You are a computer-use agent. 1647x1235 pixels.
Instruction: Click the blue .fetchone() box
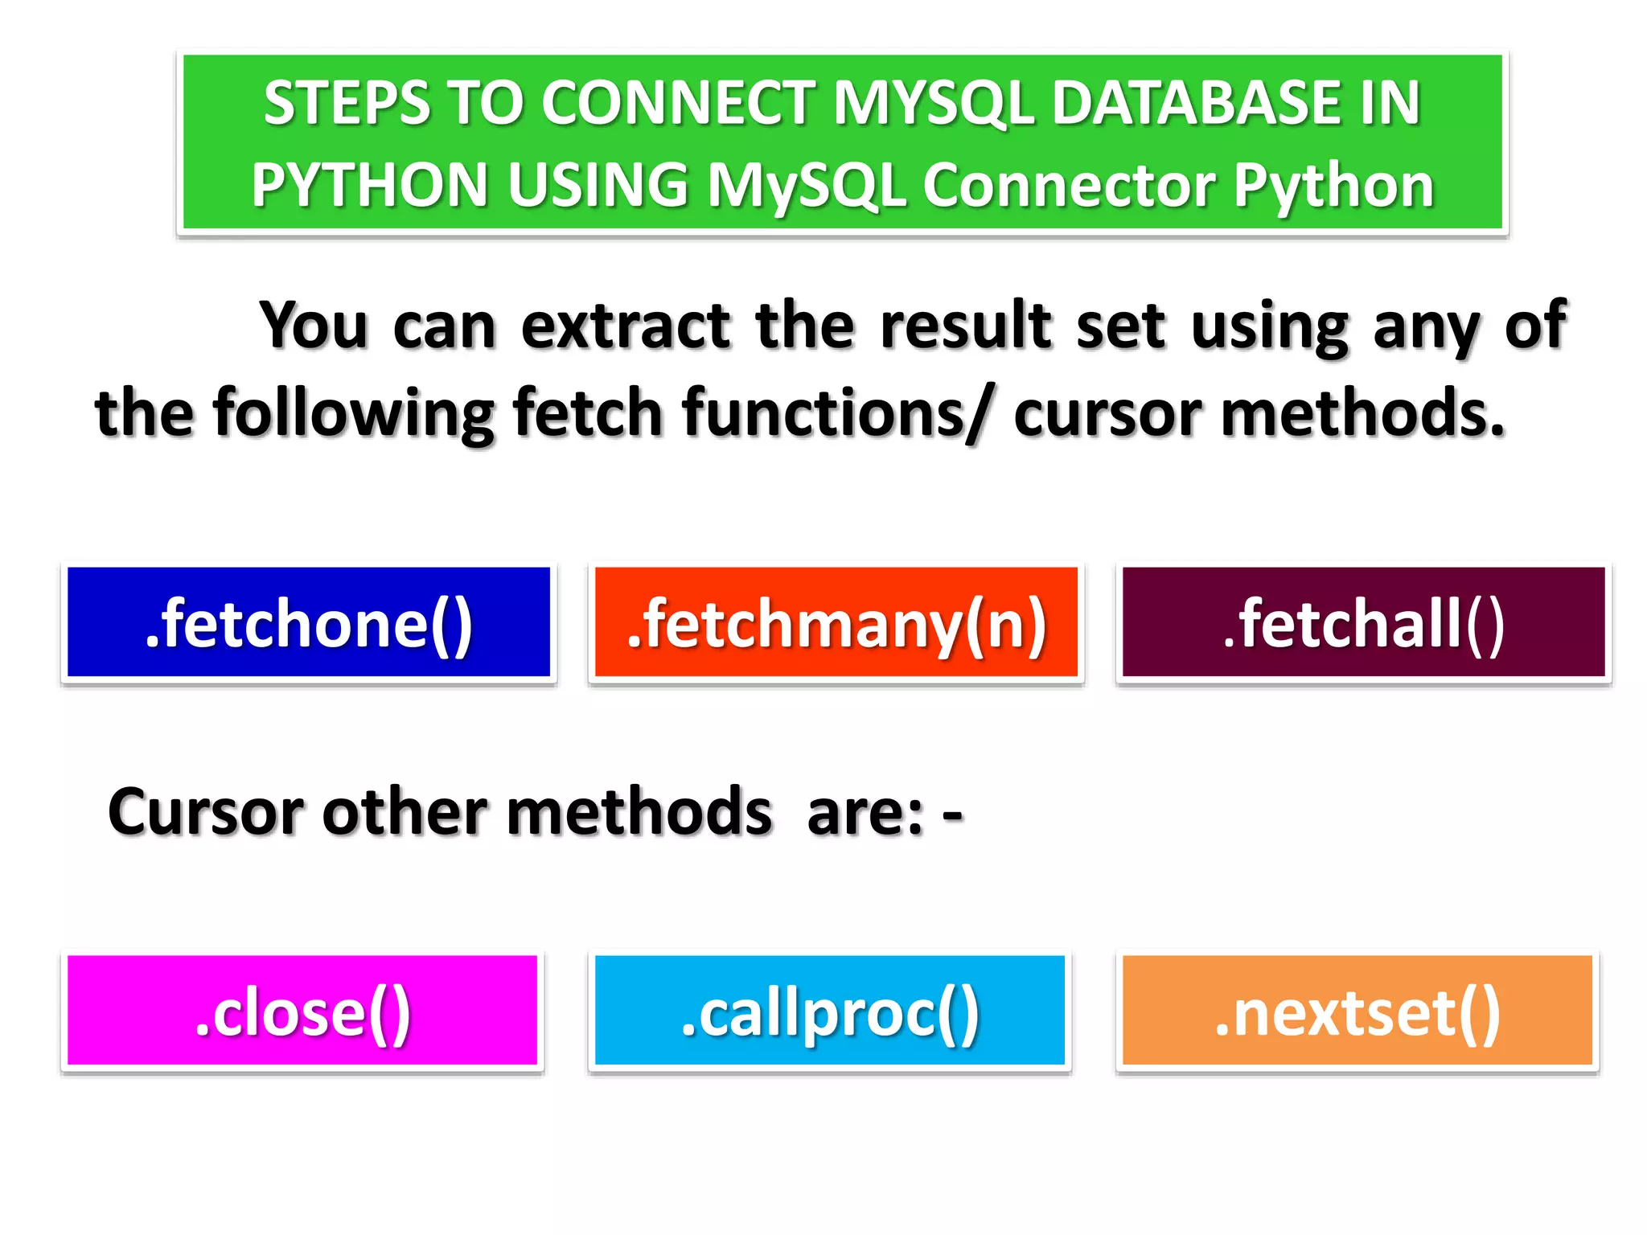pyautogui.click(x=308, y=622)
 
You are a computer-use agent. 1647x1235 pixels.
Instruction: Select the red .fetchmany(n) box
pyautogui.click(x=836, y=622)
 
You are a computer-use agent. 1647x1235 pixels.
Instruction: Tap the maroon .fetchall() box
pyautogui.click(x=1363, y=622)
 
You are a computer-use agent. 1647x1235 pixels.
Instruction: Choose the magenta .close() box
pyautogui.click(x=302, y=1011)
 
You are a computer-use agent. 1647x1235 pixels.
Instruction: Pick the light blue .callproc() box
pyautogui.click(x=829, y=1011)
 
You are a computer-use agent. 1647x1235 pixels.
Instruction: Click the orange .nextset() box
pyautogui.click(x=1357, y=1011)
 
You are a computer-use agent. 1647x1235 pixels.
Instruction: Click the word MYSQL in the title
pyautogui.click(x=932, y=105)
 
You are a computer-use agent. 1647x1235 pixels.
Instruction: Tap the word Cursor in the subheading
pyautogui.click(x=206, y=812)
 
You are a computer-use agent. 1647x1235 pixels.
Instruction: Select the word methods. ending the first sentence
pyautogui.click(x=1362, y=413)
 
